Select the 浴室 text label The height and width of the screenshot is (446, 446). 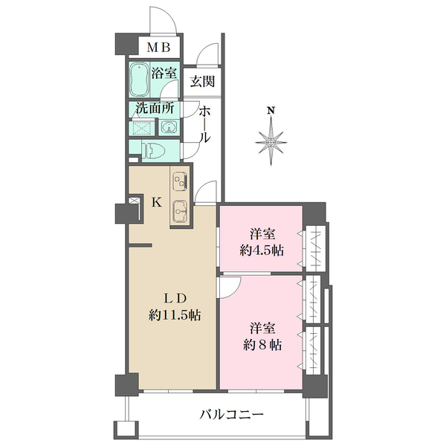coord(164,74)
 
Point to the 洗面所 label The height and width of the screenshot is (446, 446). coord(155,108)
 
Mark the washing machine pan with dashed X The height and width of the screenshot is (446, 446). coord(142,129)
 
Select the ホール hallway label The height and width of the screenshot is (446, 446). coord(204,124)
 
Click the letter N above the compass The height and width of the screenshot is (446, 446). coord(272,112)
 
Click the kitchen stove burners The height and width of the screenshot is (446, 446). coord(180,181)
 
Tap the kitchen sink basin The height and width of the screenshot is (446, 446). coord(180,210)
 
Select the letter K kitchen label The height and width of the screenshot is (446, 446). coord(157,201)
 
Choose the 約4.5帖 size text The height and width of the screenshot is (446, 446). coord(261,250)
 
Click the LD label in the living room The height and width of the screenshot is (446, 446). coord(175,298)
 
